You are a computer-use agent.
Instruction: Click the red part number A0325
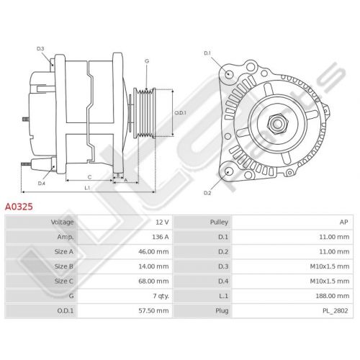point(19,207)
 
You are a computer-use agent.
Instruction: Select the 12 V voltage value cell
point(162,222)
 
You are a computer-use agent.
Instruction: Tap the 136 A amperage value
point(161,237)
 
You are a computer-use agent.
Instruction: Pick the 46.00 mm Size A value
point(153,252)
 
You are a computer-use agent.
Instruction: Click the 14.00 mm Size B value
point(153,266)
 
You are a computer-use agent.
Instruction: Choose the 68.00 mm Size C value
point(153,281)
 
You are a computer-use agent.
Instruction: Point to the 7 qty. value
point(161,296)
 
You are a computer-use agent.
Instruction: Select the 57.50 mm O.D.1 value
point(153,310)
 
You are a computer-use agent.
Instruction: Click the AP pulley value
point(343,222)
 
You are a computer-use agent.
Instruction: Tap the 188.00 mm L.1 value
point(333,296)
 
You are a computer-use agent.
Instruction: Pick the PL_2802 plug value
point(336,311)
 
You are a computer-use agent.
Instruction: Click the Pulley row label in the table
point(219,222)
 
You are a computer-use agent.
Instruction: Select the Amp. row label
point(66,237)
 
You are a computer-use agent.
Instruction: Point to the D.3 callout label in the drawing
point(40,49)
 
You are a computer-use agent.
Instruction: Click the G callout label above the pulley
point(147,61)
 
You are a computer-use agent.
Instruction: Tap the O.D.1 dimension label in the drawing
point(180,112)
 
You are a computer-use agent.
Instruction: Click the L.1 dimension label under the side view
point(87,188)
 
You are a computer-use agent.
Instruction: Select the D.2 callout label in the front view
point(207,193)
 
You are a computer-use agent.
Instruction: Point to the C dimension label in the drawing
point(89,177)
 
